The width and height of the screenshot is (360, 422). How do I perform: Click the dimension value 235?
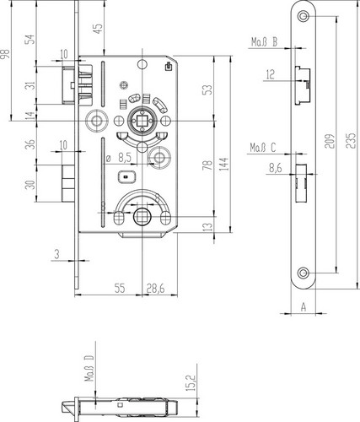(x=350, y=139)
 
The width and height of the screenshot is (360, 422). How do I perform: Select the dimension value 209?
(x=330, y=139)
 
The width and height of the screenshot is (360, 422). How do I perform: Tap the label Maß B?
(x=264, y=42)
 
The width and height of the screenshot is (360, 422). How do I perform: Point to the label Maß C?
(x=263, y=148)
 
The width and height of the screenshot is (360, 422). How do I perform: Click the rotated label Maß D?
(x=89, y=368)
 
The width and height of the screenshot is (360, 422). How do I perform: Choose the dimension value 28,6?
(x=155, y=289)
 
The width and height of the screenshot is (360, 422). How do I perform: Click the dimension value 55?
(x=120, y=289)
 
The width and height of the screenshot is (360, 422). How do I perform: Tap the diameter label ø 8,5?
(x=118, y=159)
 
